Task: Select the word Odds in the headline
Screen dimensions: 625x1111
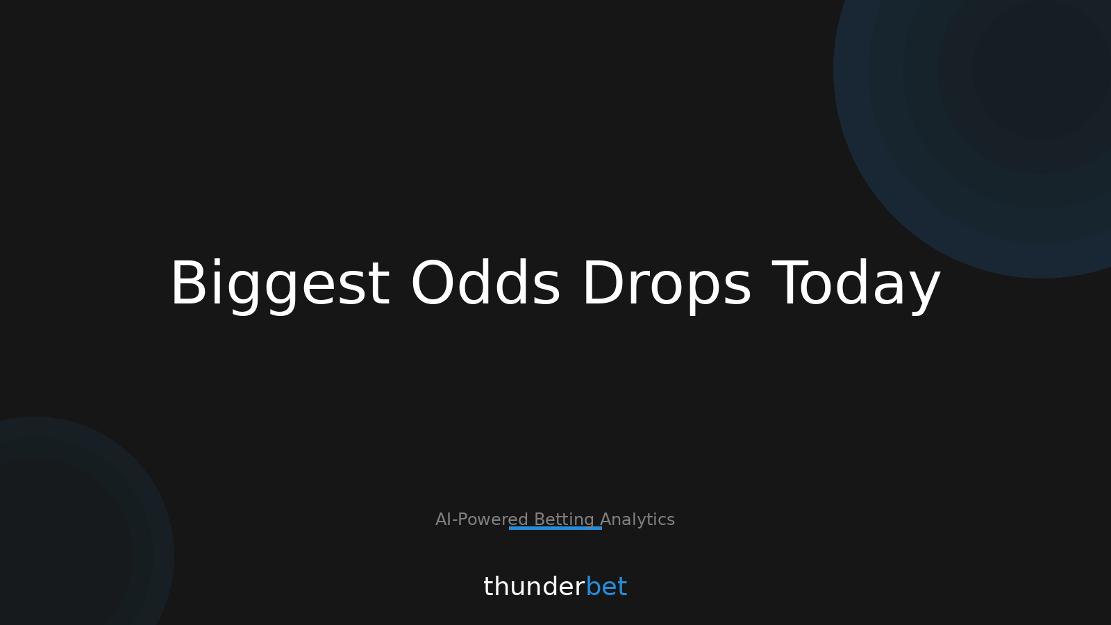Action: pos(485,284)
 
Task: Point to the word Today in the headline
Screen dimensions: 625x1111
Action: pos(856,284)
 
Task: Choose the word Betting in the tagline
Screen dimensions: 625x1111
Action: pos(564,519)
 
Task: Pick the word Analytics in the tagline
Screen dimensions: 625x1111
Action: pos(637,519)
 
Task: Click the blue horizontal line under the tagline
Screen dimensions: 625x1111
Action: pos(555,528)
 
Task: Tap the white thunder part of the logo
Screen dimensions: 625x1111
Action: pos(534,587)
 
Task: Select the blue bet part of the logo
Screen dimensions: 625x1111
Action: pos(606,587)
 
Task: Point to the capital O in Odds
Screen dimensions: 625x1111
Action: pos(431,284)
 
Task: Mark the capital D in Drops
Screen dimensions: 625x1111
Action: pos(601,284)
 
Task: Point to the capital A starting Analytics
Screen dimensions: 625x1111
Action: pos(605,519)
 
